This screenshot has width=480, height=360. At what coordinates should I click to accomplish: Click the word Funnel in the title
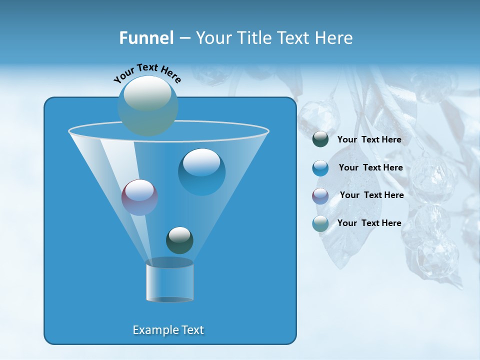[x=146, y=38]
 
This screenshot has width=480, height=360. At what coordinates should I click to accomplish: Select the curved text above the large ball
[x=147, y=73]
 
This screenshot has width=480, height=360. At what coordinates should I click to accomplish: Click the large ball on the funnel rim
[x=148, y=106]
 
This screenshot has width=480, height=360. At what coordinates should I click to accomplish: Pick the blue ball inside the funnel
[x=202, y=172]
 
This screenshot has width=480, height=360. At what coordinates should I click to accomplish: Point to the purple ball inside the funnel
[x=139, y=197]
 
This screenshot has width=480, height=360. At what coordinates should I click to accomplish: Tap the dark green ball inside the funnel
[x=179, y=240]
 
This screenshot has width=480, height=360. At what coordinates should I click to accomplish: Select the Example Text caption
[x=168, y=330]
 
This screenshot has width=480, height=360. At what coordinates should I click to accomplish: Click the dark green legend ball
[x=320, y=139]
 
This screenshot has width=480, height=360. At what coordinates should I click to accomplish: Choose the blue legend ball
[x=320, y=168]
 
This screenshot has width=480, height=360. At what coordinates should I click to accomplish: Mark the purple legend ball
[x=320, y=195]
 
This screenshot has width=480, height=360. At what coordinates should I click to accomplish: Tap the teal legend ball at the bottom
[x=320, y=223]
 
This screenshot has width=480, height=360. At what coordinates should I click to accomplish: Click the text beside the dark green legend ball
[x=369, y=139]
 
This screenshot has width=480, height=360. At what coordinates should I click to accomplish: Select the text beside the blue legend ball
[x=370, y=167]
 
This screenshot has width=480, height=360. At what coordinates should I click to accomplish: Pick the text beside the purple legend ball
[x=371, y=195]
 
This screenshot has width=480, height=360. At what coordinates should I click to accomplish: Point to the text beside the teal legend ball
[x=369, y=223]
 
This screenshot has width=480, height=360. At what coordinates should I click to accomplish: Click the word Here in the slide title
[x=333, y=38]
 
